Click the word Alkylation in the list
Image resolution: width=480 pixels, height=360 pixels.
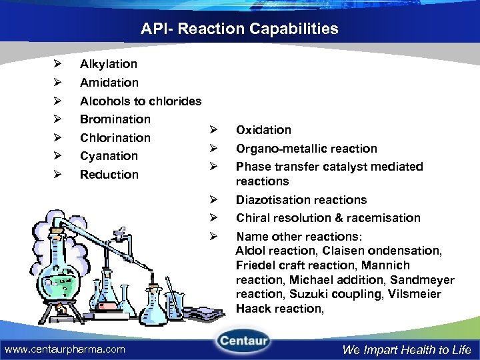tap(109, 64)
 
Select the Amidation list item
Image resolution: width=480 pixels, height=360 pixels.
tap(109, 83)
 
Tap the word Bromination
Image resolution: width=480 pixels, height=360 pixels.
tap(115, 119)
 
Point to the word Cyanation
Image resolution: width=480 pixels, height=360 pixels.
tap(109, 156)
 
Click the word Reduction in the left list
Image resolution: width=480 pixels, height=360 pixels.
tap(109, 175)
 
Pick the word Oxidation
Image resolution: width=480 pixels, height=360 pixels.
tap(263, 130)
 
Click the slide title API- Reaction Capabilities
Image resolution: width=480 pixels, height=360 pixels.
tap(239, 29)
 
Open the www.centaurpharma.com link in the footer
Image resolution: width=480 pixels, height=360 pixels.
tap(65, 349)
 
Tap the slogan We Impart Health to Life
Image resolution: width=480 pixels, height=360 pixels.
tap(406, 349)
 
